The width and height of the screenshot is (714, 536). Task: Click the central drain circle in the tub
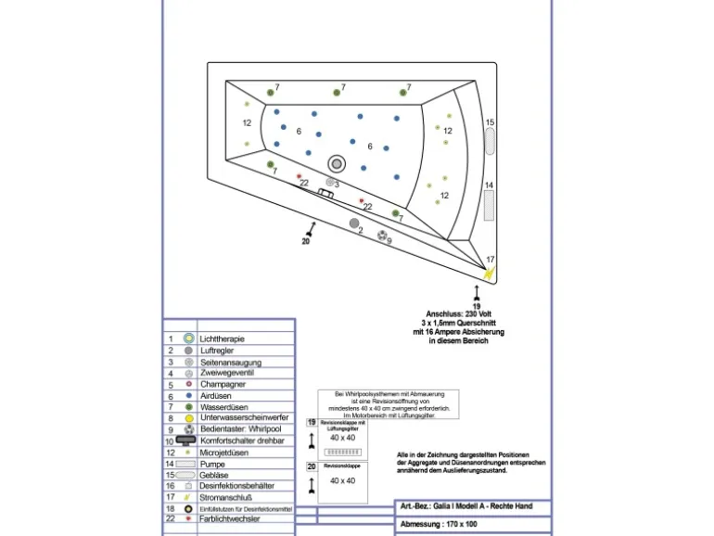tap(336, 163)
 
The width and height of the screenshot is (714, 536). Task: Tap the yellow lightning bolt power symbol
tap(491, 272)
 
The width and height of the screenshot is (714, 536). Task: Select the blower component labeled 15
tap(491, 141)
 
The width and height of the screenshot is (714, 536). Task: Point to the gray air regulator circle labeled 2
tap(354, 223)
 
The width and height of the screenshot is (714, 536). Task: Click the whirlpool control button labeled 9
tap(383, 236)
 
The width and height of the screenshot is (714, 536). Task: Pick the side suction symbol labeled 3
tap(330, 183)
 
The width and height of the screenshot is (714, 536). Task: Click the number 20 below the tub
tap(305, 241)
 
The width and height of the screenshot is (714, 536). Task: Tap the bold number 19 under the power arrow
tap(477, 305)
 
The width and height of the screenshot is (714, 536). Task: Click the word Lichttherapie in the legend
tap(228, 339)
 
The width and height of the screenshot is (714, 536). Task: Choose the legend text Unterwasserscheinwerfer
tap(244, 418)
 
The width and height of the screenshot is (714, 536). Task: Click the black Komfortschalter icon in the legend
tap(186, 440)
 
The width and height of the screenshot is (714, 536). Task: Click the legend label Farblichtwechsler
tap(232, 519)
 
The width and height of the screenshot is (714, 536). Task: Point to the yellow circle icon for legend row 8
tap(188, 418)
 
